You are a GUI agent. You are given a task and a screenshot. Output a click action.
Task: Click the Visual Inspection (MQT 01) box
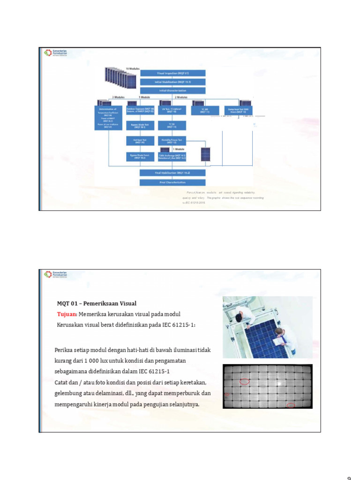[173, 73]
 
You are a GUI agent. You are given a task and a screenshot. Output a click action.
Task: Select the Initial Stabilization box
[173, 82]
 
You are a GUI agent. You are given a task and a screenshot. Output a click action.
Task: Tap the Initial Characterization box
[173, 90]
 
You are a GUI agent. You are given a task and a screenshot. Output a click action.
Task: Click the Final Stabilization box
[173, 173]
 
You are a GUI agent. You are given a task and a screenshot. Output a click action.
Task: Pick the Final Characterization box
[173, 181]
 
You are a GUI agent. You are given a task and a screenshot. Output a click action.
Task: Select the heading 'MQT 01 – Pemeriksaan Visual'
[97, 303]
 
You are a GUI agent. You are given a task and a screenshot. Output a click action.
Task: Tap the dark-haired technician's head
[239, 317]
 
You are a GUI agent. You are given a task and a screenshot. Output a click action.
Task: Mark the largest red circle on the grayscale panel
[244, 382]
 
